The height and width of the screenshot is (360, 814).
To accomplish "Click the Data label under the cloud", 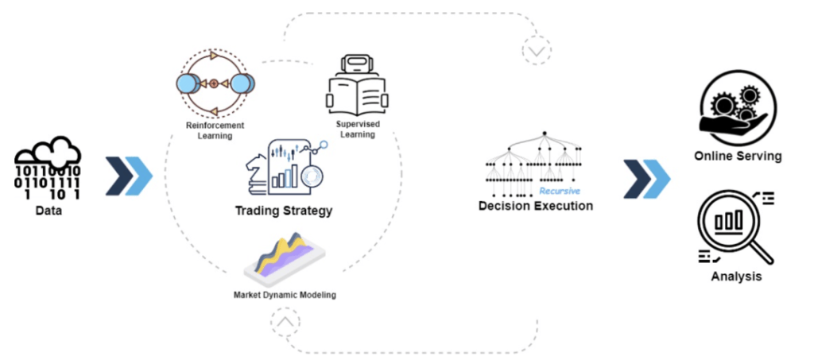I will click(48, 211).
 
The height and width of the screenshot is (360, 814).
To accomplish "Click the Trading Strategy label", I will click(283, 211).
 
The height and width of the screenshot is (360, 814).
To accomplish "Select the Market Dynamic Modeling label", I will click(285, 295).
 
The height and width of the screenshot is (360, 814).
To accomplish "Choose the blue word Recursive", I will click(560, 192).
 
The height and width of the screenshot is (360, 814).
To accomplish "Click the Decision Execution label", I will click(535, 206).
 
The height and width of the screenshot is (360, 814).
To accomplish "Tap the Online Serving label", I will click(738, 156).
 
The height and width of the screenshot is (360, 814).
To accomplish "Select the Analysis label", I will click(736, 277).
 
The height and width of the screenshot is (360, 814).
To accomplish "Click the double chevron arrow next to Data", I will click(129, 176).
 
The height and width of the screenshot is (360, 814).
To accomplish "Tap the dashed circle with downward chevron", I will click(537, 51).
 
